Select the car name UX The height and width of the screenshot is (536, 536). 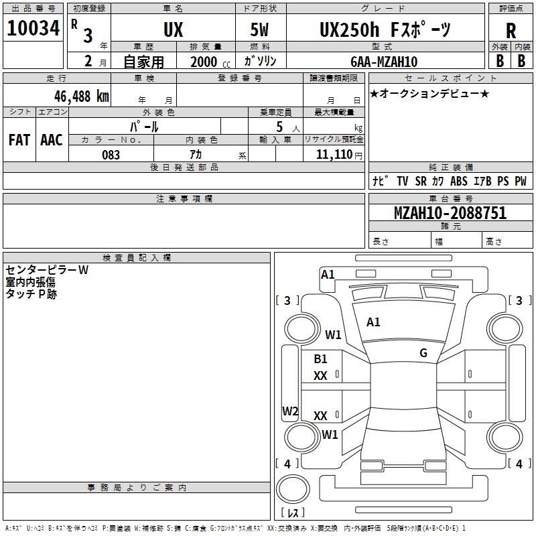tap(172, 29)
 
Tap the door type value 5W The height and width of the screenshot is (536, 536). tap(261, 29)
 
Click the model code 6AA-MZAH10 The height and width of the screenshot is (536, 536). tap(384, 62)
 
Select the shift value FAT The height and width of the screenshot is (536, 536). tap(19, 139)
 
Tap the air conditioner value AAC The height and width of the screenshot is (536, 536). tap(51, 139)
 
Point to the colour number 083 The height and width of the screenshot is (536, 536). tap(111, 155)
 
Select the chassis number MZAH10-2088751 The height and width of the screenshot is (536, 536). tap(450, 213)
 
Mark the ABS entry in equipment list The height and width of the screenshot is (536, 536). tap(459, 181)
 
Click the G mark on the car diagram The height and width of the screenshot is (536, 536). tap(423, 353)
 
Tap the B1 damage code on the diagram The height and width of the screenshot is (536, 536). tap(321, 359)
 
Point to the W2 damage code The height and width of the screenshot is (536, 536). tap(290, 411)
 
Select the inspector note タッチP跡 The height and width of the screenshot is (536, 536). tap(31, 293)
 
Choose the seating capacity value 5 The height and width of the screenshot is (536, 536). tap(278, 127)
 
